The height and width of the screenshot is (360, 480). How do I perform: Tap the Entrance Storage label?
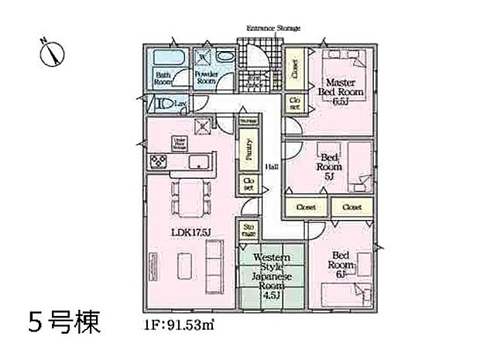[273, 28]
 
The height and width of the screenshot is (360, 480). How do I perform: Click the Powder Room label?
[207, 77]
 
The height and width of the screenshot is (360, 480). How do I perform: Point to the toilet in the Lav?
[165, 102]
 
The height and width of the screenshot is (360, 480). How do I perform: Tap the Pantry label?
[249, 147]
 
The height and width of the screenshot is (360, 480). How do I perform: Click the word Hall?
[271, 166]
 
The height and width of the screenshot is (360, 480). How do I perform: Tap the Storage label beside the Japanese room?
[249, 230]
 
